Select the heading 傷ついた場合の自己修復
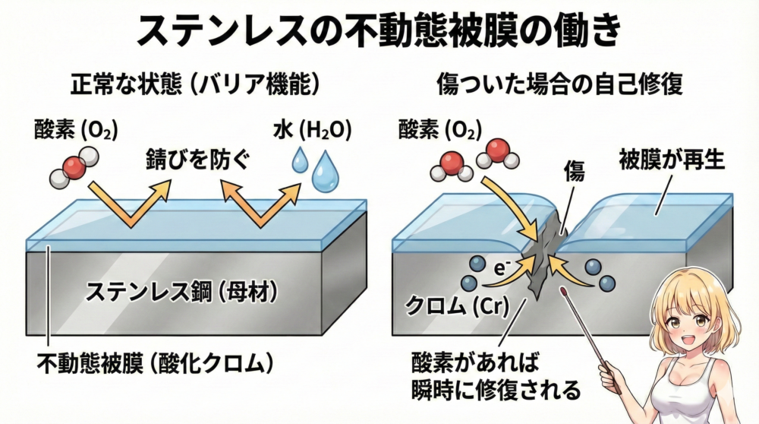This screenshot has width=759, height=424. click(561, 84)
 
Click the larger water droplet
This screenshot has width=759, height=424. click(328, 172)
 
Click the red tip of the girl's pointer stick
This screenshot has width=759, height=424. click(565, 291)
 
